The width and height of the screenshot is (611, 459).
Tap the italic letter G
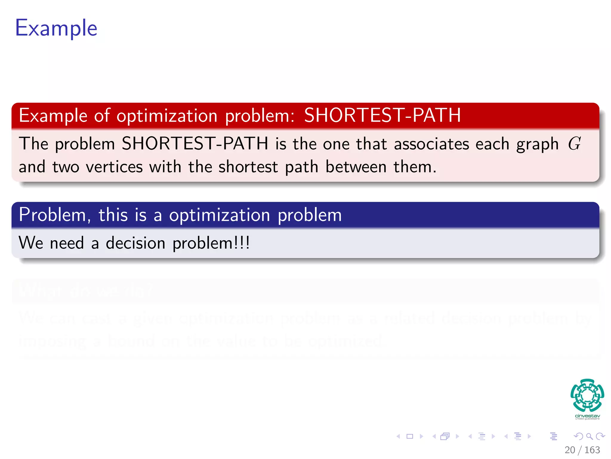pyautogui.click(x=574, y=144)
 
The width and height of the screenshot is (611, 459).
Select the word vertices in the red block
pyautogui.click(x=114, y=167)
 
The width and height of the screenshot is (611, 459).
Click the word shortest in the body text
pyautogui.click(x=248, y=167)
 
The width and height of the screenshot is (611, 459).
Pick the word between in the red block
pyautogui.click(x=356, y=167)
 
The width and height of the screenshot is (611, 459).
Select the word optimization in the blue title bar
pyautogui.click(x=220, y=215)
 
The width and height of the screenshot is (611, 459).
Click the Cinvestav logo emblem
pyautogui.click(x=587, y=395)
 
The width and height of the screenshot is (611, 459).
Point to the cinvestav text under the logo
pyautogui.click(x=587, y=416)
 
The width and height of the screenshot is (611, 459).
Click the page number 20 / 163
pyautogui.click(x=582, y=450)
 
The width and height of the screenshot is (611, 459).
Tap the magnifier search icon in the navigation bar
pyautogui.click(x=589, y=436)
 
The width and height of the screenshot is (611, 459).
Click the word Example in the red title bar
pyautogui.click(x=53, y=116)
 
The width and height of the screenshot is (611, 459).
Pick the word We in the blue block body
pyautogui.click(x=31, y=243)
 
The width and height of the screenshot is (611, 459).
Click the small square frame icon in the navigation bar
pyautogui.click(x=410, y=436)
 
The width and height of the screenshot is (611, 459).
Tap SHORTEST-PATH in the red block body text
pyautogui.click(x=195, y=144)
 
